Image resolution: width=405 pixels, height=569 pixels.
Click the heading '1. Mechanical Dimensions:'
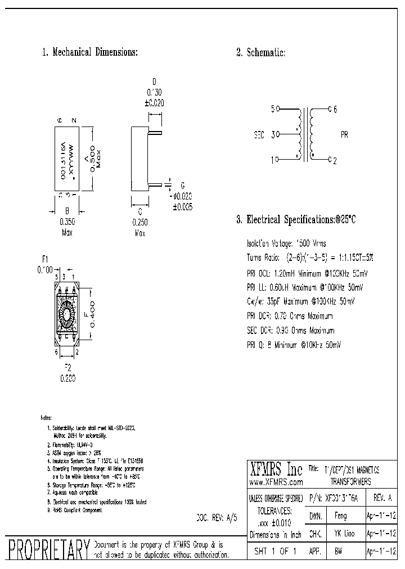[90, 52]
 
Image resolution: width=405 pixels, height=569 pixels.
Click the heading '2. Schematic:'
[260, 52]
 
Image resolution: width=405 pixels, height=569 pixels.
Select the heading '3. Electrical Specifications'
[296, 220]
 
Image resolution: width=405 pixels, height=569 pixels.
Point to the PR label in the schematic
[344, 135]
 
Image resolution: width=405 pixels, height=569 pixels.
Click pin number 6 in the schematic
[335, 109]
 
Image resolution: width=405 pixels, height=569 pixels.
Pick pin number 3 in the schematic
[273, 135]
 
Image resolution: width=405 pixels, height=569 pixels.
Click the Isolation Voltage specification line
[286, 243]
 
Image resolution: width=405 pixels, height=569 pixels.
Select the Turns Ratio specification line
[310, 258]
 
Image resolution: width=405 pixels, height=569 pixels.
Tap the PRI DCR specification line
[290, 316]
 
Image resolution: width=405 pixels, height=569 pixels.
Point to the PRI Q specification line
[294, 345]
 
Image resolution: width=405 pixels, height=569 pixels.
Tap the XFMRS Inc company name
[275, 469]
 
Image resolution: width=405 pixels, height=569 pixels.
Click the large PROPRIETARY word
[47, 549]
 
